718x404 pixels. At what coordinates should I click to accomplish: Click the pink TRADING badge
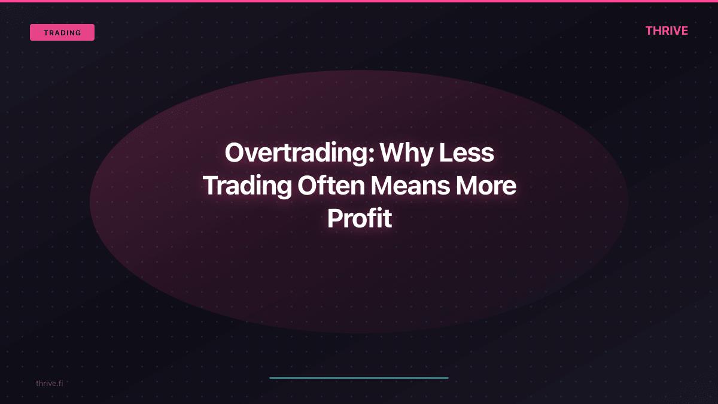point(62,32)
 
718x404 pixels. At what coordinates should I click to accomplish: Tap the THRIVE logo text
point(667,31)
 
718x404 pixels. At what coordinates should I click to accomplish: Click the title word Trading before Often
point(247,186)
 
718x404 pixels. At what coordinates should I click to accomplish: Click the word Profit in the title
point(359,219)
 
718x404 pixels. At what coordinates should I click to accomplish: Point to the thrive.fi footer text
point(49,383)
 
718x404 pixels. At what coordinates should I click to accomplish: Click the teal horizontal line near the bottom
point(359,378)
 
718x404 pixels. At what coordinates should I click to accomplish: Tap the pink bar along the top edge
point(359,1)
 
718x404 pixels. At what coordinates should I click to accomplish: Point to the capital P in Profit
point(334,219)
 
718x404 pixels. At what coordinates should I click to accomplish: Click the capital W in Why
point(394,153)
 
